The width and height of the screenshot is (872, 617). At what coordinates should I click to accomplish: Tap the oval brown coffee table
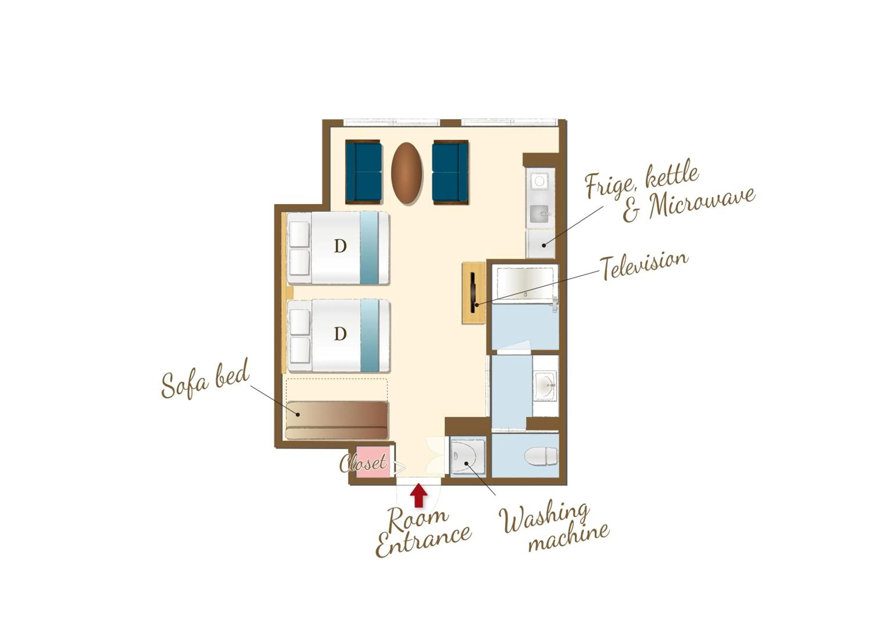[x=407, y=173]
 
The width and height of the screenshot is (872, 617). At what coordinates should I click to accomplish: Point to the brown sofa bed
[x=337, y=420]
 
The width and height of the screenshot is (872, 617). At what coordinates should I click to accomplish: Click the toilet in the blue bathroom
[x=541, y=456]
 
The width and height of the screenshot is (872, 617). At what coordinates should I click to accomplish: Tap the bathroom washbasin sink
[x=545, y=386]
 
